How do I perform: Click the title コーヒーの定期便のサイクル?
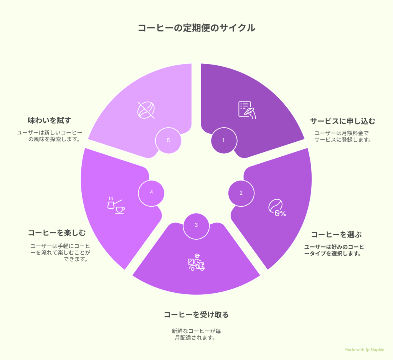coord(196,28)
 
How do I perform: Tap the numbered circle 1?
coord(224,141)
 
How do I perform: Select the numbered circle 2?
coord(241,193)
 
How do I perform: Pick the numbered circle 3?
coord(196,226)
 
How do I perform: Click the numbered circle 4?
coord(151,193)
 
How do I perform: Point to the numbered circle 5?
coord(168,141)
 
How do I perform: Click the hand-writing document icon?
coord(247,110)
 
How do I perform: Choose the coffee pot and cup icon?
coord(116,205)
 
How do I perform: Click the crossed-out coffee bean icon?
coord(146,110)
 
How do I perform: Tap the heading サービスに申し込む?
coord(343,121)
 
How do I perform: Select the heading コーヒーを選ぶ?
coord(336,235)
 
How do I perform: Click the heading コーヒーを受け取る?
coord(196,315)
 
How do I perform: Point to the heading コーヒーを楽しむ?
coord(57,233)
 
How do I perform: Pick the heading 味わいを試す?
coord(50,120)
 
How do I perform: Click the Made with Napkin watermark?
coord(365,350)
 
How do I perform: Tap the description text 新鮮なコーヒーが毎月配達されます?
coord(196,334)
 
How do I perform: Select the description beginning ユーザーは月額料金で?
coord(343,136)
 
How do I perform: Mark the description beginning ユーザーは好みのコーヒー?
coord(334,250)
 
